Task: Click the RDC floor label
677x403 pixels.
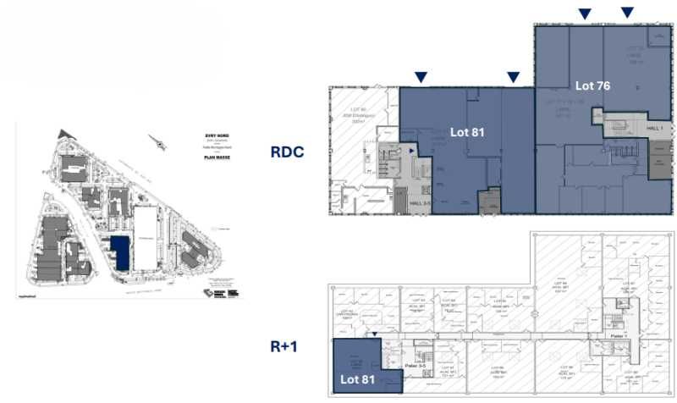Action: (x=287, y=152)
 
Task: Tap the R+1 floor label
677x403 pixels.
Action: (x=286, y=345)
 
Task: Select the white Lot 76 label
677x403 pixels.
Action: (x=592, y=86)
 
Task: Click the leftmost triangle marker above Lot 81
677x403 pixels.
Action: (x=421, y=78)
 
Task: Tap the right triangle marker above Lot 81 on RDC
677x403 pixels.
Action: (x=513, y=78)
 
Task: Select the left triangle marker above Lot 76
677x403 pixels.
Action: (x=584, y=14)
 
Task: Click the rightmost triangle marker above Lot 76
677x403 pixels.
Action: (x=627, y=13)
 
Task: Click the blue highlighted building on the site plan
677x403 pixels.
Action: (x=120, y=252)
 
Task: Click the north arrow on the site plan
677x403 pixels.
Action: (x=157, y=141)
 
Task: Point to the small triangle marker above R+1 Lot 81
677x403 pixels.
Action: (x=374, y=335)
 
